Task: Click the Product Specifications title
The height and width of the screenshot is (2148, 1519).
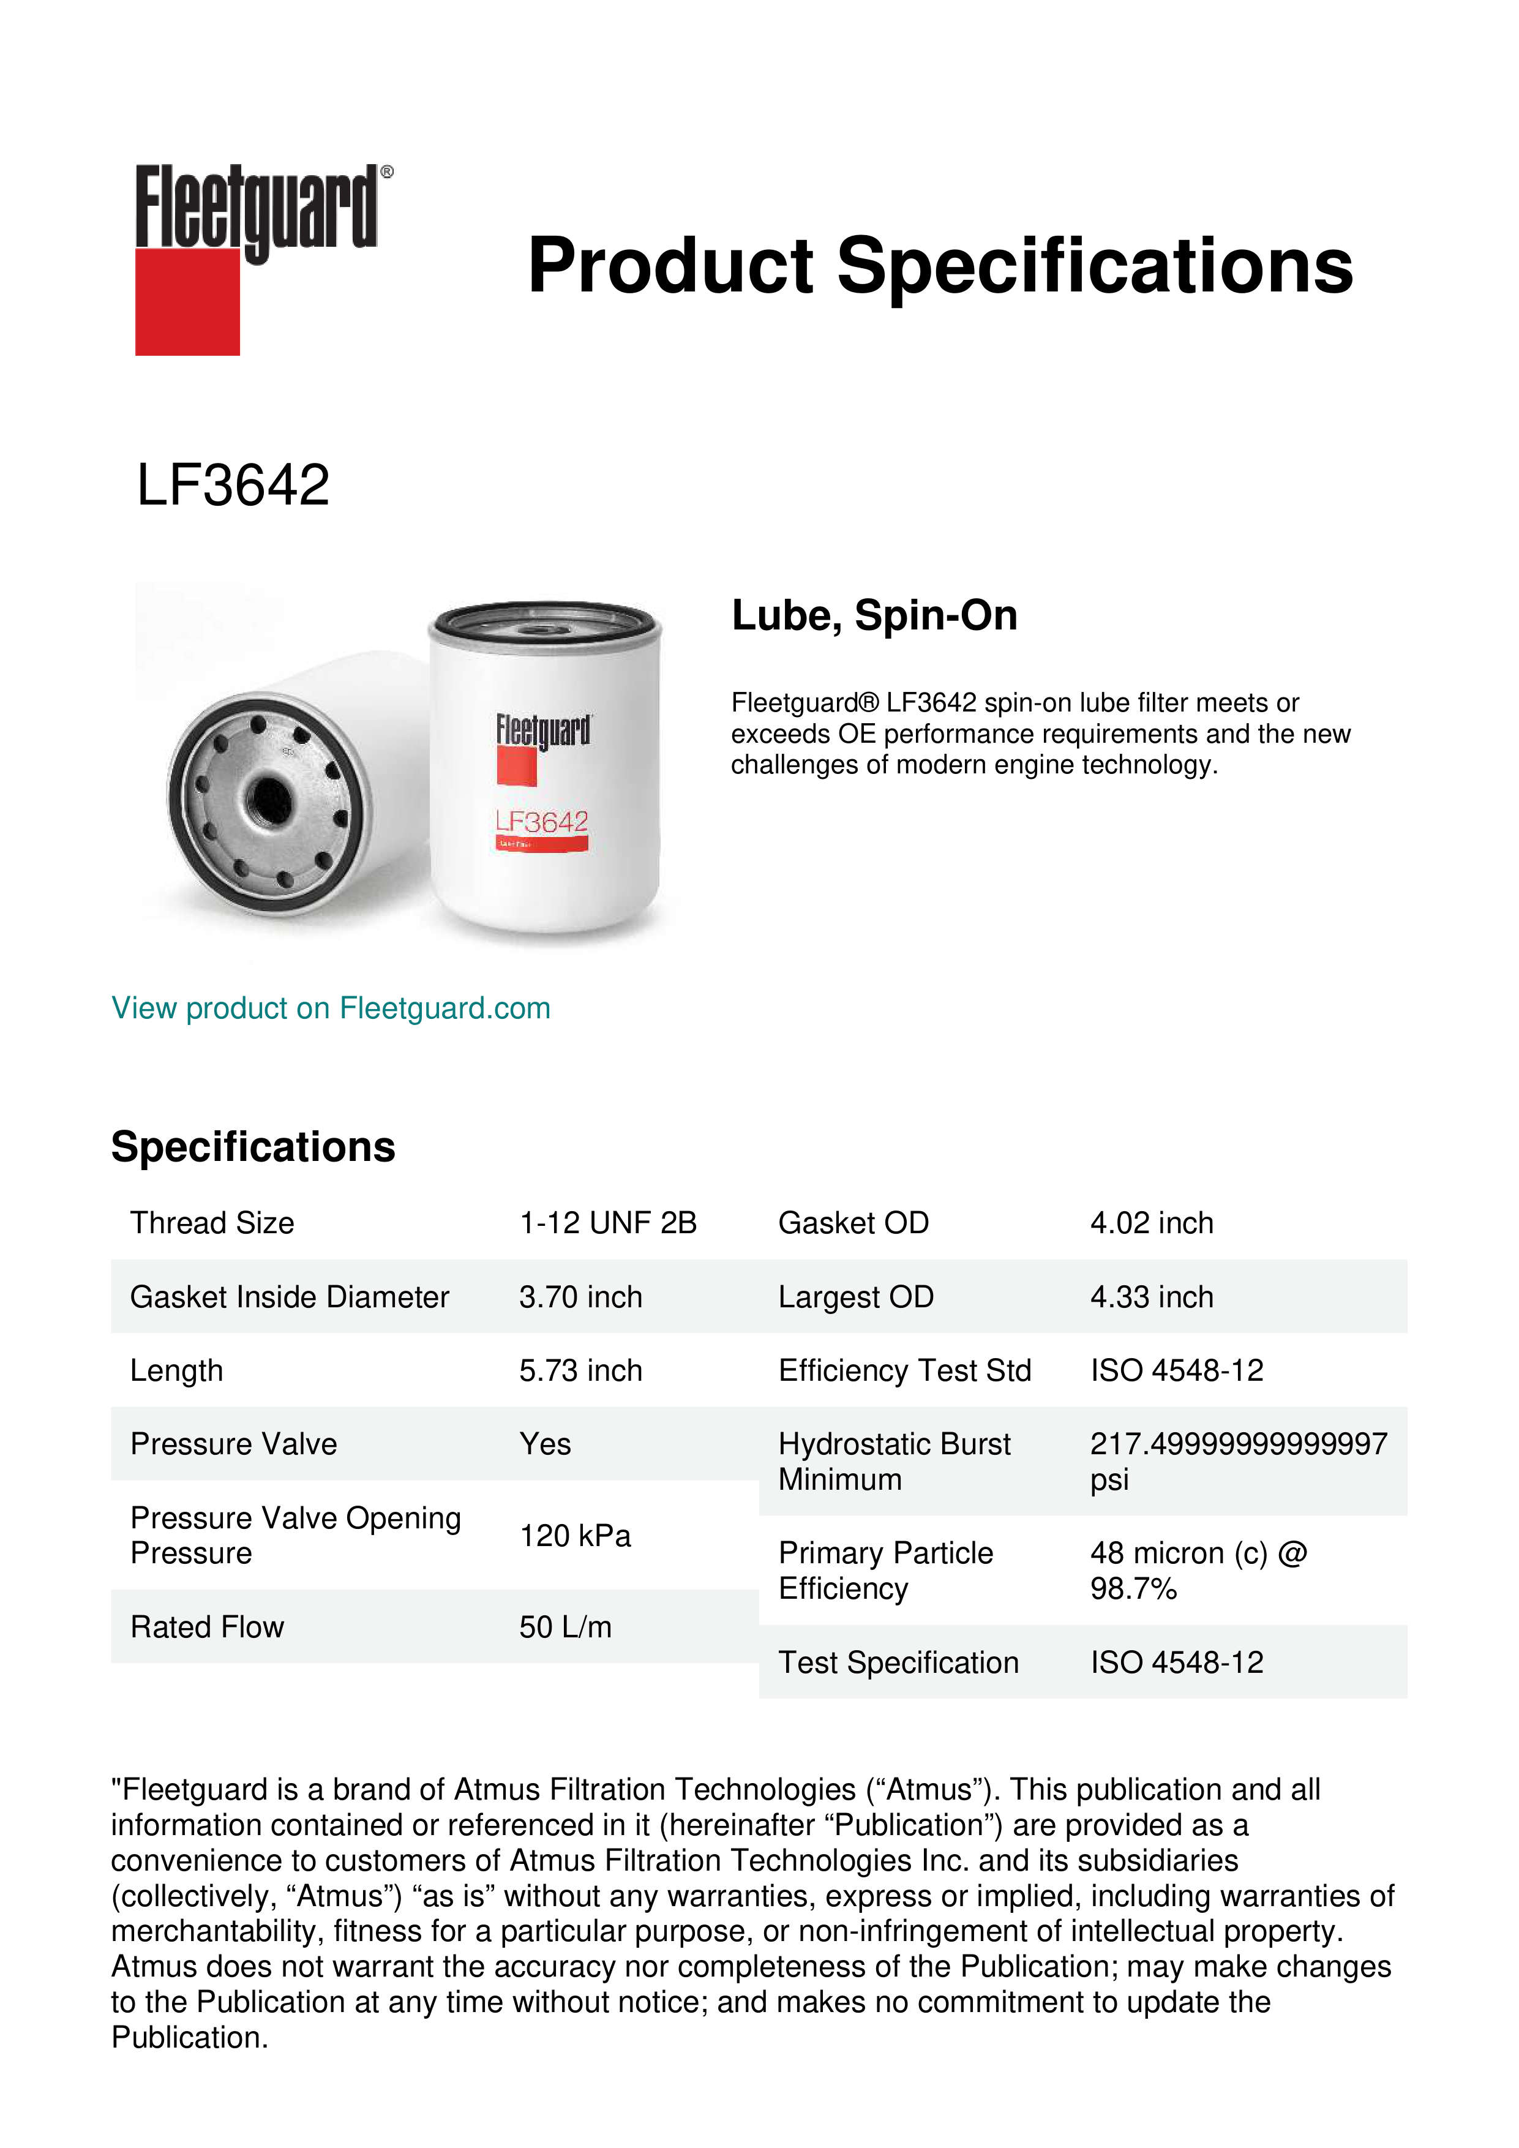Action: pos(940,266)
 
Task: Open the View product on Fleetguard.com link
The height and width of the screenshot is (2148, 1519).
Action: pos(330,1008)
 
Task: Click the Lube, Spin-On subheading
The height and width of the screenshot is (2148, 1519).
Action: pos(874,615)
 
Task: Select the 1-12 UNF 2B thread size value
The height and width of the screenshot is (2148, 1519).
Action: pos(608,1223)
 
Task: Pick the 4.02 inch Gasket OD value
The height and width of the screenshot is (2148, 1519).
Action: pos(1152,1223)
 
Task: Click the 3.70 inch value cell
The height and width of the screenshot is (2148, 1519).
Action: pos(581,1297)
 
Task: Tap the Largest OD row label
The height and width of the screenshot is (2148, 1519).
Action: pos(856,1297)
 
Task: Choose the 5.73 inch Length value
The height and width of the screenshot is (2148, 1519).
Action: pos(581,1370)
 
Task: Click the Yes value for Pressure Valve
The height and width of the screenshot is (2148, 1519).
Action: pos(546,1444)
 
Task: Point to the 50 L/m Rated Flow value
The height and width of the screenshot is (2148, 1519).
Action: pos(565,1627)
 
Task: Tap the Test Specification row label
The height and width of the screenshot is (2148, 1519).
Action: pos(898,1662)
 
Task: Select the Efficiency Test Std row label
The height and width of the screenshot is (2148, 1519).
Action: pos(904,1370)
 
